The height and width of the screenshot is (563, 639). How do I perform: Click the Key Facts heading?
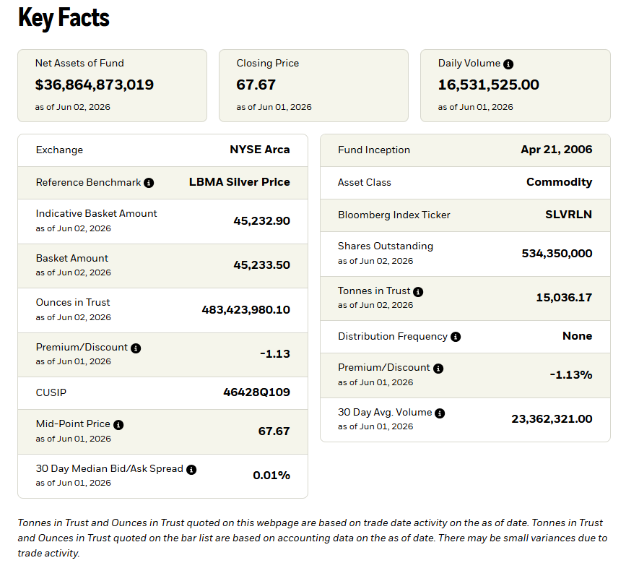(x=64, y=18)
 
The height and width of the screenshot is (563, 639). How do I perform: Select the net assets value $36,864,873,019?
(x=94, y=85)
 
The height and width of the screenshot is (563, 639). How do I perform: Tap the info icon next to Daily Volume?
(x=508, y=64)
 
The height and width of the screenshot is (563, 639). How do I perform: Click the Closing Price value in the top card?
(x=256, y=85)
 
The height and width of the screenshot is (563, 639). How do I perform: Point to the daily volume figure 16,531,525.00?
(x=488, y=85)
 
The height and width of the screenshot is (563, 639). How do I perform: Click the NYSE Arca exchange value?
(x=260, y=150)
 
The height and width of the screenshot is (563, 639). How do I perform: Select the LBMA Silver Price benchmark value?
(x=239, y=182)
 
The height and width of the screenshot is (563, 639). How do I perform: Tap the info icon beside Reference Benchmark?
(x=149, y=183)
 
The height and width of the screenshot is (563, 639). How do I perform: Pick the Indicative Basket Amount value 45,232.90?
(x=261, y=221)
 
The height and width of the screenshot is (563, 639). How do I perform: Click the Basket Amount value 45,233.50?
(x=261, y=265)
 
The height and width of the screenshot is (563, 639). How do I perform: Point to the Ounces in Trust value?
(x=245, y=310)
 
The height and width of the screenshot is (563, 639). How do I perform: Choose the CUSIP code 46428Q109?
(x=256, y=392)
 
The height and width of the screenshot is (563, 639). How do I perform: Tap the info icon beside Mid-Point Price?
(x=118, y=425)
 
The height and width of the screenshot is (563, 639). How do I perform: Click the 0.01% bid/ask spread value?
(x=271, y=476)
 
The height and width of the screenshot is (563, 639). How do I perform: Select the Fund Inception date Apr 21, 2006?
(x=556, y=150)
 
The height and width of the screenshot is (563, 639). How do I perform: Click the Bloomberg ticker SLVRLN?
(x=568, y=215)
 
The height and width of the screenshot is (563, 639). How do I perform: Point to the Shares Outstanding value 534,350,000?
(x=557, y=254)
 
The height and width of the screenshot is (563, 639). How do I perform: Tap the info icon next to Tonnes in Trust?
(x=418, y=292)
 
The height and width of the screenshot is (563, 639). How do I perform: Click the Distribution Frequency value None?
(x=577, y=336)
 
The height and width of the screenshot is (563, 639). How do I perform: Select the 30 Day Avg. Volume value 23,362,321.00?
(x=552, y=419)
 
